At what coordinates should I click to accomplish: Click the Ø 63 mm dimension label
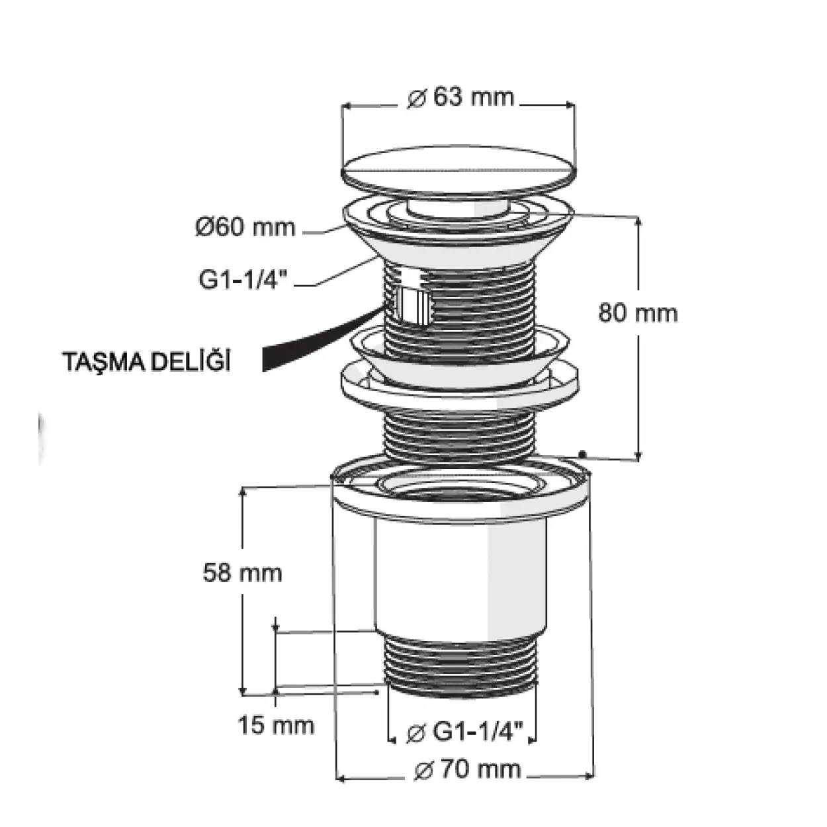click(460, 97)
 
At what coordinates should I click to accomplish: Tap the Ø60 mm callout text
click(245, 227)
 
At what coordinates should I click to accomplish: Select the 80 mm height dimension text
click(638, 313)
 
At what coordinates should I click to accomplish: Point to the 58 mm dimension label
click(243, 573)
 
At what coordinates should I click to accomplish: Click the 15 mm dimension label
click(276, 725)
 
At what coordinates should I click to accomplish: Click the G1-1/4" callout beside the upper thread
click(243, 279)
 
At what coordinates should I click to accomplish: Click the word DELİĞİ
click(191, 361)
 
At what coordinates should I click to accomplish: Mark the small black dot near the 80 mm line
click(582, 453)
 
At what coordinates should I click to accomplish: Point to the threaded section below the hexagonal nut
click(459, 435)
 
